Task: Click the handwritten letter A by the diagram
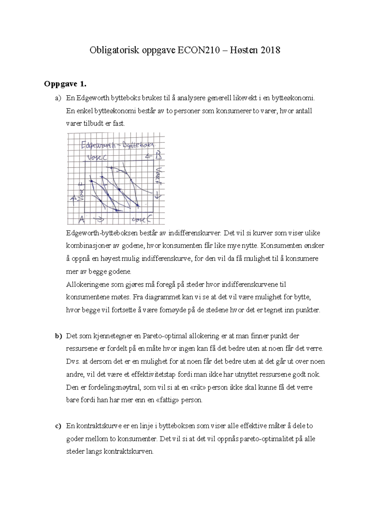pyautogui.click(x=81, y=219)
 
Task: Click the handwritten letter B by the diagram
pyautogui.click(x=158, y=156)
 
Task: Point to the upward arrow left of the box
pyautogui.click(x=73, y=201)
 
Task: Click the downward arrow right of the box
pyautogui.click(x=158, y=195)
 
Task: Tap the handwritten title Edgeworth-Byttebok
pyautogui.click(x=118, y=145)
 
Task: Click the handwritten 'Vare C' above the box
pyautogui.click(x=97, y=157)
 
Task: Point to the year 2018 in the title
pyautogui.click(x=270, y=50)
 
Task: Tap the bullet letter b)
pyautogui.click(x=59, y=336)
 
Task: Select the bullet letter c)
pyautogui.click(x=58, y=426)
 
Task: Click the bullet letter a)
pyautogui.click(x=58, y=98)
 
